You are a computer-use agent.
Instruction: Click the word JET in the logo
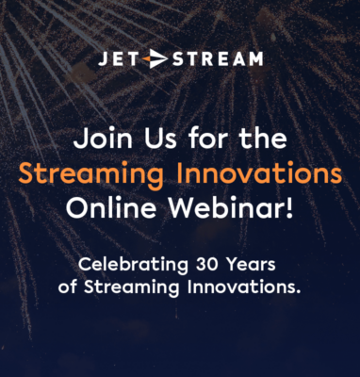pos(120,59)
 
